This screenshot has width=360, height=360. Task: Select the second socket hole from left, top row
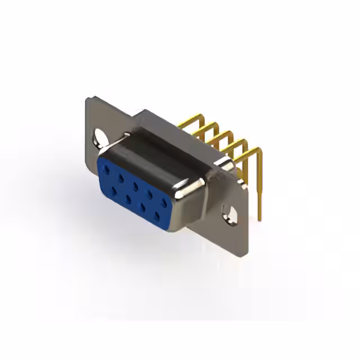(120, 176)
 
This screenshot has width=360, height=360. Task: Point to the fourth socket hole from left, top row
(150, 193)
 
